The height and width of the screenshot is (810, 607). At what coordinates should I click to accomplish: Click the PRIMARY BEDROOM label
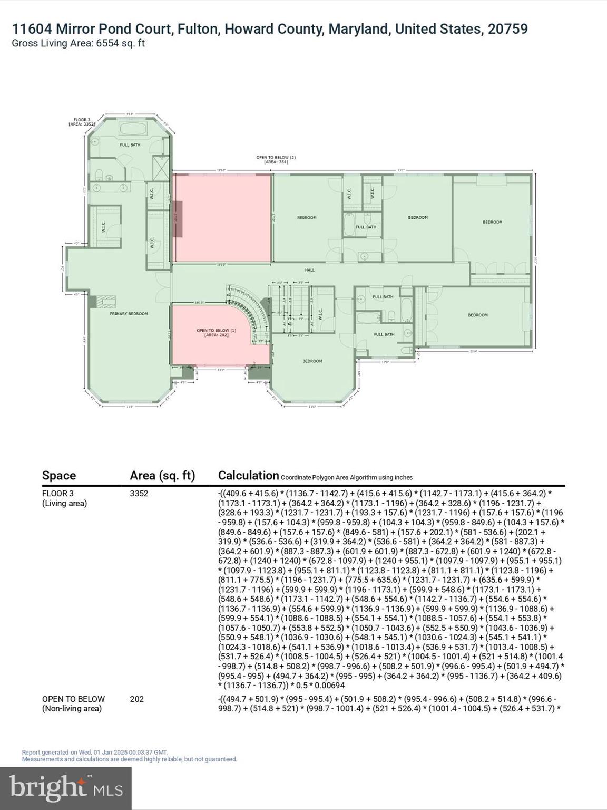pyautogui.click(x=129, y=314)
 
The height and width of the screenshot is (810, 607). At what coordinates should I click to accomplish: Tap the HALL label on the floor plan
pyautogui.click(x=309, y=270)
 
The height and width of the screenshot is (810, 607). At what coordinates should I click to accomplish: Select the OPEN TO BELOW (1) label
pyautogui.click(x=217, y=333)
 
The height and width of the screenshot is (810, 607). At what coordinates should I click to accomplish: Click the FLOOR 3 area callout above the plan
pyautogui.click(x=82, y=122)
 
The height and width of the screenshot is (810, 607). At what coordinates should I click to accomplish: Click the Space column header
pyautogui.click(x=59, y=476)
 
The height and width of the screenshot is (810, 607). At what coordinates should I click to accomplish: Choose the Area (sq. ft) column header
pyautogui.click(x=162, y=476)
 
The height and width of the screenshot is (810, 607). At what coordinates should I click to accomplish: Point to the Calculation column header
pyautogui.click(x=248, y=476)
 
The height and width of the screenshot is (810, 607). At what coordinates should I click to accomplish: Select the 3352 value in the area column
pyautogui.click(x=139, y=494)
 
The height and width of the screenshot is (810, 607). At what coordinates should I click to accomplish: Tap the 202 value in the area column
pyautogui.click(x=136, y=699)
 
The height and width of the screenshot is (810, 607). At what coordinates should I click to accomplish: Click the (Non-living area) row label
pyautogui.click(x=72, y=709)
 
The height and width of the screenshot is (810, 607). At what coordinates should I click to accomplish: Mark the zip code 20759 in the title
pyautogui.click(x=507, y=29)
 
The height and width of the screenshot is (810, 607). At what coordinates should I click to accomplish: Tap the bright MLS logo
pyautogui.click(x=66, y=788)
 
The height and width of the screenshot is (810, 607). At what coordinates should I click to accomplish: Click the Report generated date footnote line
pyautogui.click(x=95, y=753)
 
